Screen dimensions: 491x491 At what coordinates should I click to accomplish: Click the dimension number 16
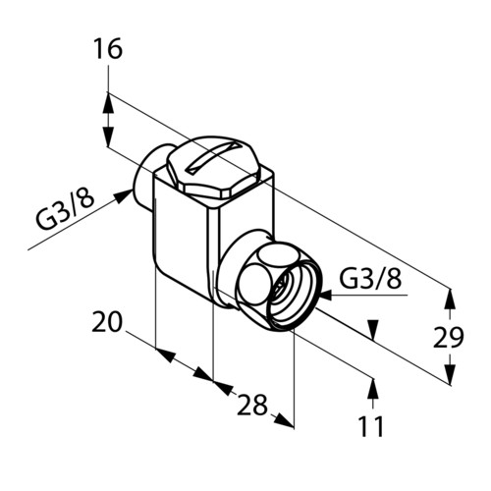pos(108,49)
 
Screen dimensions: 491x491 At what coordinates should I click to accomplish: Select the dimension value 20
pos(107,322)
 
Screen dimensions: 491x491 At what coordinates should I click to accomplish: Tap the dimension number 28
pos(252,405)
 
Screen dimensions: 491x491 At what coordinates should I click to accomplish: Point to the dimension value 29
pos(449,337)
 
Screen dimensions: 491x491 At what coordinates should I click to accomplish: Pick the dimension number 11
pos(371,426)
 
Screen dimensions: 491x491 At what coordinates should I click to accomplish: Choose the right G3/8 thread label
pos(370,278)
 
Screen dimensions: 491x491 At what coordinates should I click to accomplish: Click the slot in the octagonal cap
pos(213,157)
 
